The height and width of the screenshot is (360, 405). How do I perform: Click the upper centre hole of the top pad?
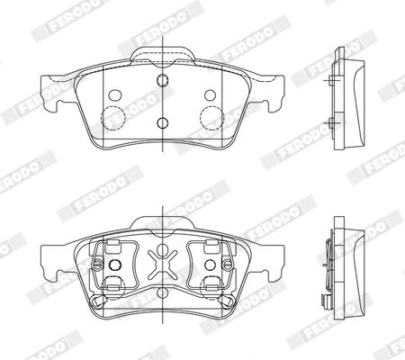point(162,79)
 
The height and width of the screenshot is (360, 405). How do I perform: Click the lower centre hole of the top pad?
point(162,122)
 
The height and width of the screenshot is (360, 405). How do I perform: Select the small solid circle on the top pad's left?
point(115,95)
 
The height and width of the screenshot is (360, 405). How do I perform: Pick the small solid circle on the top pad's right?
point(210,95)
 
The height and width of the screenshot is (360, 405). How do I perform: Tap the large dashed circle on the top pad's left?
point(113,118)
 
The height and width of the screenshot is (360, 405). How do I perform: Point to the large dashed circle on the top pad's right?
point(211,118)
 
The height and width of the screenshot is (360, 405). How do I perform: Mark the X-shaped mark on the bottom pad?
point(162,265)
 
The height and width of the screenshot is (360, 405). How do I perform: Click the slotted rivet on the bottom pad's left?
point(97,265)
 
